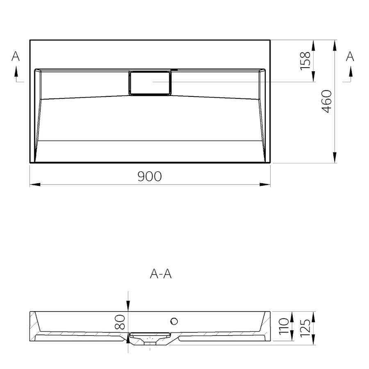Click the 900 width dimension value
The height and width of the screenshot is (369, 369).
pyautogui.click(x=150, y=176)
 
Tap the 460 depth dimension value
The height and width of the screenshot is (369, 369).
pyautogui.click(x=327, y=101)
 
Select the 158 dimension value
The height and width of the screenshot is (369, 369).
pyautogui.click(x=305, y=61)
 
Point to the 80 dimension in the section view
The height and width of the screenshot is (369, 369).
pyautogui.click(x=120, y=322)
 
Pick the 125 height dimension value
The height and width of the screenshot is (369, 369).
pyautogui.click(x=305, y=328)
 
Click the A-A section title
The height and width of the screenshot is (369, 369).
pyautogui.click(x=161, y=274)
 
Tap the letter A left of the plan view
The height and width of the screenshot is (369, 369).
pyautogui.click(x=16, y=56)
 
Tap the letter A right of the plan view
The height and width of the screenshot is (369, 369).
pyautogui.click(x=350, y=56)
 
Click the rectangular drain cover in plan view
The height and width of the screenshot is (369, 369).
pyautogui.click(x=150, y=82)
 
